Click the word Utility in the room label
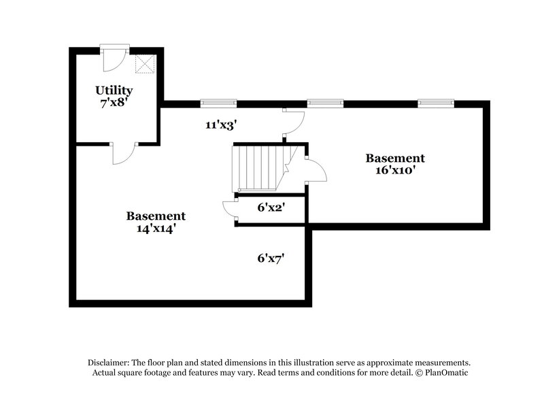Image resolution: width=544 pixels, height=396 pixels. [x=114, y=90]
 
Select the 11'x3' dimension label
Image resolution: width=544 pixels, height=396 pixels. [x=221, y=125]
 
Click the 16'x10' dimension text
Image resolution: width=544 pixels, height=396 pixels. [x=395, y=169]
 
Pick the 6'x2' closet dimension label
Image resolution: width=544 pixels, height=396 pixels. [x=271, y=208]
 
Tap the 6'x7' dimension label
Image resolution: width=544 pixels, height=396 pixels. [x=271, y=258]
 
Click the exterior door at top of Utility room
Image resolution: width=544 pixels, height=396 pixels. [x=114, y=58]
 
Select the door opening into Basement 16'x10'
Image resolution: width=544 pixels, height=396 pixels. [x=316, y=170]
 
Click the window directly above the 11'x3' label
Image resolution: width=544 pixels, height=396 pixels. [x=218, y=103]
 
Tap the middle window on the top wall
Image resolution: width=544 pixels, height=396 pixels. [x=325, y=103]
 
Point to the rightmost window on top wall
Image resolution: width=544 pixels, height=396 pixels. [x=436, y=103]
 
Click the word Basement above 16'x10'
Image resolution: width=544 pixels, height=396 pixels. [x=395, y=158]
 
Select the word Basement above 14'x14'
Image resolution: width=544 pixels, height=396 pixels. [x=156, y=216]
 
